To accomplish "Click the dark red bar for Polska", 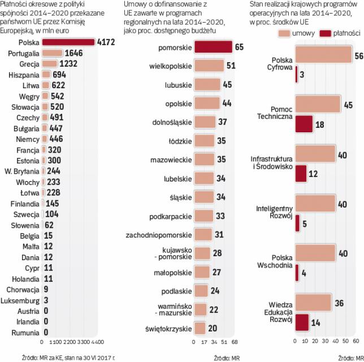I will point(68,42).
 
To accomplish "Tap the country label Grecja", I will point(29,63).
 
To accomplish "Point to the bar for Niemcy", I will point(44,139).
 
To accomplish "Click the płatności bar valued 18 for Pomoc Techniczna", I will point(304,124).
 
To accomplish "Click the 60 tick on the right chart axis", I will point(356,342).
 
